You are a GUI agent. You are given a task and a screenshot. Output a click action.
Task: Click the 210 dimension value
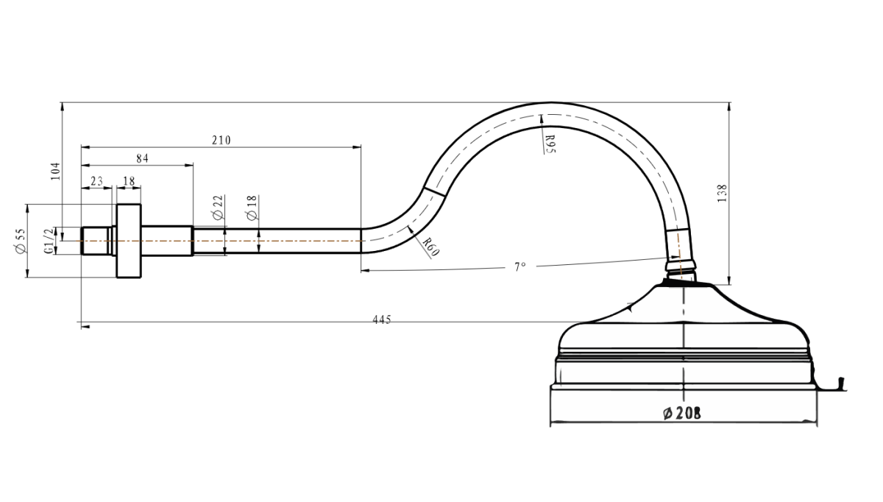221,140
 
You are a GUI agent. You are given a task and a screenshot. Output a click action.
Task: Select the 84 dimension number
142,158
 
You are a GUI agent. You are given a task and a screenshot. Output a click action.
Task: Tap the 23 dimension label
96,181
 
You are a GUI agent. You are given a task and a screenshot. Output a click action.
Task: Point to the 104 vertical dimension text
56,172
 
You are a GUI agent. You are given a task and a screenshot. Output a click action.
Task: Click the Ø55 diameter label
21,241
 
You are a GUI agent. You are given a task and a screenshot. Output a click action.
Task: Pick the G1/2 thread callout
49,241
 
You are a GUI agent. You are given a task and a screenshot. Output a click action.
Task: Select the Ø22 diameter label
218,208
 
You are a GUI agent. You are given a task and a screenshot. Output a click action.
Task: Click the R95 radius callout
550,144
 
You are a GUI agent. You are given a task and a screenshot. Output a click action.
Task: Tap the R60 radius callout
430,247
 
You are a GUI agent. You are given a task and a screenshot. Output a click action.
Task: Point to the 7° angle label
520,267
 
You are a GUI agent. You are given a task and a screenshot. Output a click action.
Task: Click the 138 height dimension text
722,194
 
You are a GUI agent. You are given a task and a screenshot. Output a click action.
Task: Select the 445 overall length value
382,319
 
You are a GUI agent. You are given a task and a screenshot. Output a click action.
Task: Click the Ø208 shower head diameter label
682,413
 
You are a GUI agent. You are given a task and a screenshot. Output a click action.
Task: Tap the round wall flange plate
129,241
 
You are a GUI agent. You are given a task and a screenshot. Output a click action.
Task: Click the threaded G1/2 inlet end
96,241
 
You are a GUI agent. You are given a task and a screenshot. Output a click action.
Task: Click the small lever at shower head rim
842,383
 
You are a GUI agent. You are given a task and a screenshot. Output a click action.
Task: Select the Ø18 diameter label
252,208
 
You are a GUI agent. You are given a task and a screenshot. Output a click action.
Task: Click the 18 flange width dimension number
129,181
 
